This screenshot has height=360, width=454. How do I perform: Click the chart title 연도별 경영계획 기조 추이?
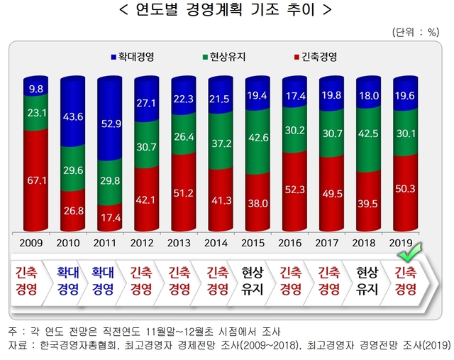[226, 11]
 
